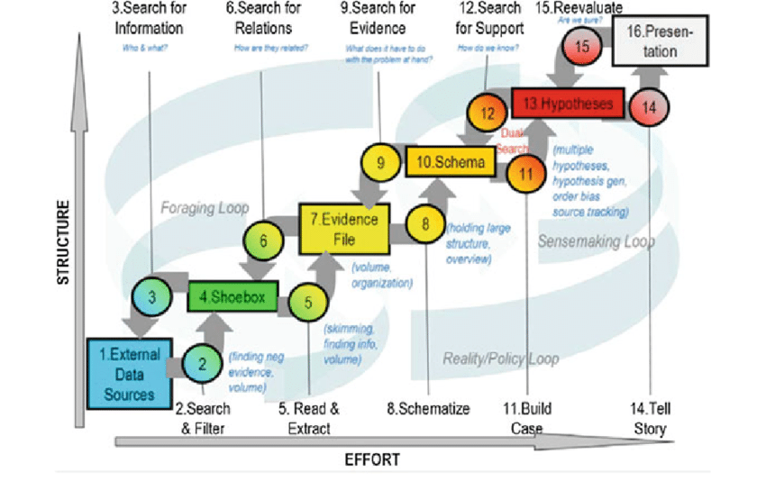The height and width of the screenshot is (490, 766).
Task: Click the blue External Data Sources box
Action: [x=130, y=369]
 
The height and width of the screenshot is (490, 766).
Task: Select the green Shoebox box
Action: [x=233, y=296]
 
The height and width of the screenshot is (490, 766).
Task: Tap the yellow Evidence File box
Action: [x=343, y=227]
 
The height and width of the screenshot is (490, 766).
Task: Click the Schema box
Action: [x=450, y=162]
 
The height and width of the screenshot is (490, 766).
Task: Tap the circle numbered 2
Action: [x=203, y=364]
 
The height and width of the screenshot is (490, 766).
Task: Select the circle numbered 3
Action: [x=153, y=295]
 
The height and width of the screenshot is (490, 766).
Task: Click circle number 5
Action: [x=307, y=303]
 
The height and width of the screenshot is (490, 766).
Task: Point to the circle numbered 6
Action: [x=263, y=241]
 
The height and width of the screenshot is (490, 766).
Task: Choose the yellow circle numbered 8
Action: [x=425, y=224]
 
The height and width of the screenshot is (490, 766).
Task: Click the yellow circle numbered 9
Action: [x=381, y=163]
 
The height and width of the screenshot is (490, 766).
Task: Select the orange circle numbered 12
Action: [x=488, y=114]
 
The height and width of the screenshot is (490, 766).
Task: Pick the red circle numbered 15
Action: [x=581, y=46]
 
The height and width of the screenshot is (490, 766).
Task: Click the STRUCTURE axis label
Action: [x=64, y=243]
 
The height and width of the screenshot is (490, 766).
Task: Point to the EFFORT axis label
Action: [x=372, y=460]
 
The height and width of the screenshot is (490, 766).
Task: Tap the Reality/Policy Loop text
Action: [x=500, y=358]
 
